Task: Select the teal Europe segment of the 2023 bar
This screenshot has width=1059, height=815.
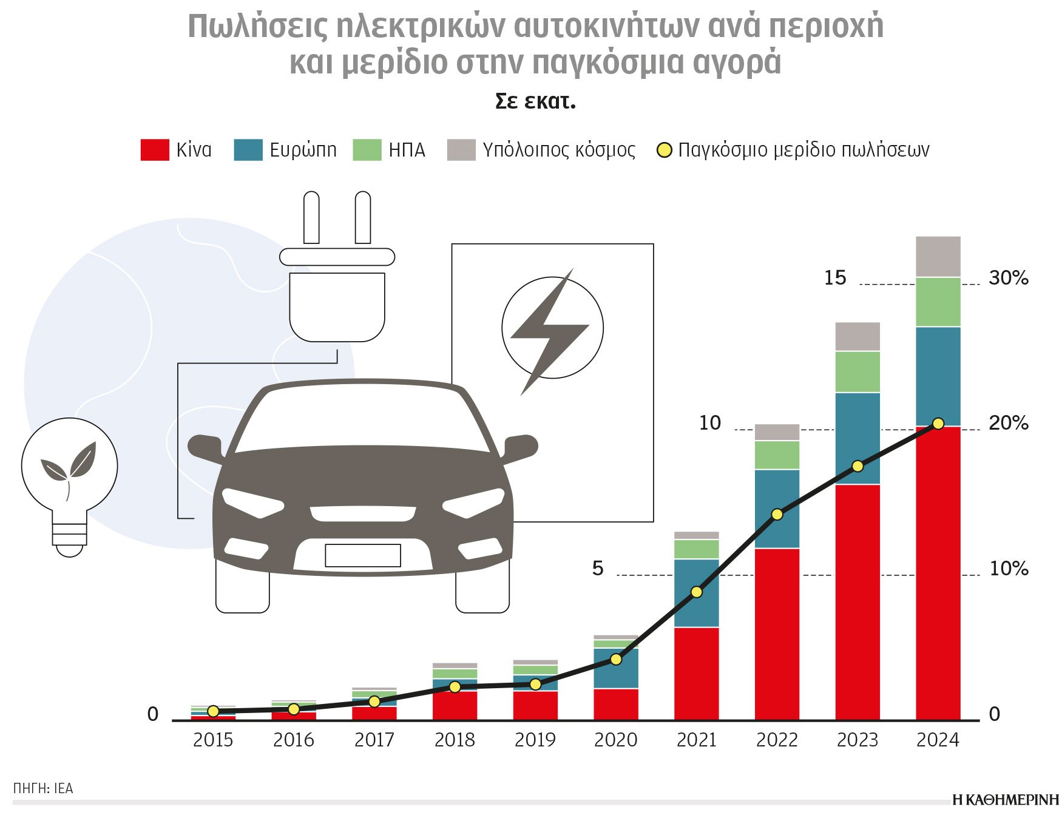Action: (857, 438)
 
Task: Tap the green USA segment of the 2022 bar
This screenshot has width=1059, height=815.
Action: (777, 455)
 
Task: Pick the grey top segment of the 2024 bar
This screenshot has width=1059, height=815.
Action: (938, 257)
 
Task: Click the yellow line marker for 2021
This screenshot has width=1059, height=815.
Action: (697, 592)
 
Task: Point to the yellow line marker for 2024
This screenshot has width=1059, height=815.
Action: (938, 424)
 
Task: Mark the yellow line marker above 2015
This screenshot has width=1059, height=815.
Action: (213, 711)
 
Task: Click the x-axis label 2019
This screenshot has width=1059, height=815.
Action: (535, 740)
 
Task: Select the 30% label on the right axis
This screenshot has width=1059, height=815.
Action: (1008, 278)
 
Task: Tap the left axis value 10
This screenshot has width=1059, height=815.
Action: (709, 423)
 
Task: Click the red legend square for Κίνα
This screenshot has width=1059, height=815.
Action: (155, 150)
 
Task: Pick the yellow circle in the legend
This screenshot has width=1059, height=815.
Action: (665, 150)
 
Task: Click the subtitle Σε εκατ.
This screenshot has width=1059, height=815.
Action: (535, 101)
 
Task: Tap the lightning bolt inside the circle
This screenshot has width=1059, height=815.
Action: (549, 331)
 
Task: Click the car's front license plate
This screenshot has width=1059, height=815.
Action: (363, 555)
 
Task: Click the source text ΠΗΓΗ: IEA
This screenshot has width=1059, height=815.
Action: (43, 788)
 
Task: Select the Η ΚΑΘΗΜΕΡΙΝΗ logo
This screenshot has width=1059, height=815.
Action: (1005, 800)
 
